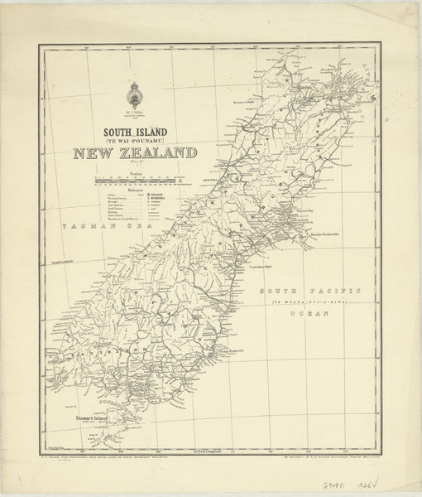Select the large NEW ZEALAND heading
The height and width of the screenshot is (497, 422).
coord(134,152)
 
